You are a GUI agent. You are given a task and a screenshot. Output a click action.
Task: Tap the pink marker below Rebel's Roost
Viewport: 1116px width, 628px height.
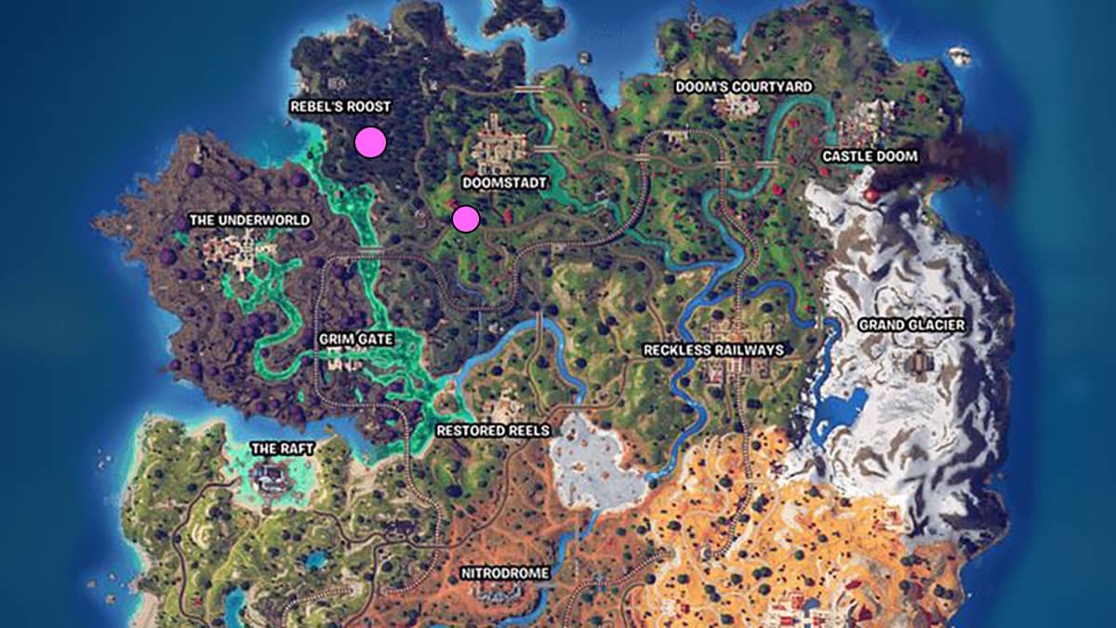click(x=370, y=142)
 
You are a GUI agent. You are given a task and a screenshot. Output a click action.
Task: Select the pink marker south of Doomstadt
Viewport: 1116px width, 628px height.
click(x=465, y=219)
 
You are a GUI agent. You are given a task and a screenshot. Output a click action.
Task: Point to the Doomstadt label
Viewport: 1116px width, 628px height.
click(x=503, y=183)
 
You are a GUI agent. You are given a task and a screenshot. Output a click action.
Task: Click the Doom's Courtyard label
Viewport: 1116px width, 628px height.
click(x=744, y=87)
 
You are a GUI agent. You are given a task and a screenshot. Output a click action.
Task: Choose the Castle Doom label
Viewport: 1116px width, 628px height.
click(x=870, y=156)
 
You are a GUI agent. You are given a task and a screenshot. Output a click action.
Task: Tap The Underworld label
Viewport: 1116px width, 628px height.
click(x=249, y=220)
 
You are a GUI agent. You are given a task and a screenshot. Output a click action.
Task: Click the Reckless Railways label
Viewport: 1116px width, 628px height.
click(x=713, y=350)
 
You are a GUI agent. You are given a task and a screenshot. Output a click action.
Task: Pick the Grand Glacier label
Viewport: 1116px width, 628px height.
click(x=911, y=325)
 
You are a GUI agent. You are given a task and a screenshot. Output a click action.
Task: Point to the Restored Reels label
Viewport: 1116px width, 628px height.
click(x=493, y=431)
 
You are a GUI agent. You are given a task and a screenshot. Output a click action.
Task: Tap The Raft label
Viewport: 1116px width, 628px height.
click(x=283, y=448)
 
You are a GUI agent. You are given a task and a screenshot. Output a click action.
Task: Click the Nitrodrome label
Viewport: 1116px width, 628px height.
click(x=505, y=573)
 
